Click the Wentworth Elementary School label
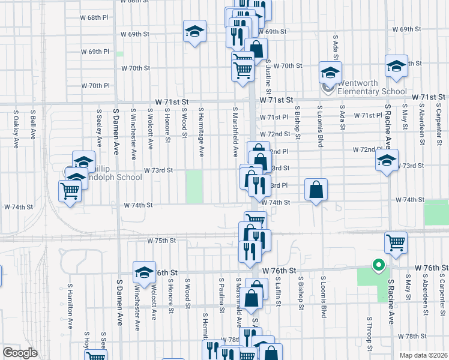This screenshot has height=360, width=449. (367, 88)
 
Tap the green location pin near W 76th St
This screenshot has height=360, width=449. (378, 264)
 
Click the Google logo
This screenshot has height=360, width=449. (19, 353)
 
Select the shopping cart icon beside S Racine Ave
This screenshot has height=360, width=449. (396, 243)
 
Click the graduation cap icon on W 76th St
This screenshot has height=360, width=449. (144, 274)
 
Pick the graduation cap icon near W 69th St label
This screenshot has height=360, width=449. (194, 31)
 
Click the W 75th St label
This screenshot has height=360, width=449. (161, 241)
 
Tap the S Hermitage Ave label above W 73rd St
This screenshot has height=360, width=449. (202, 129)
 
